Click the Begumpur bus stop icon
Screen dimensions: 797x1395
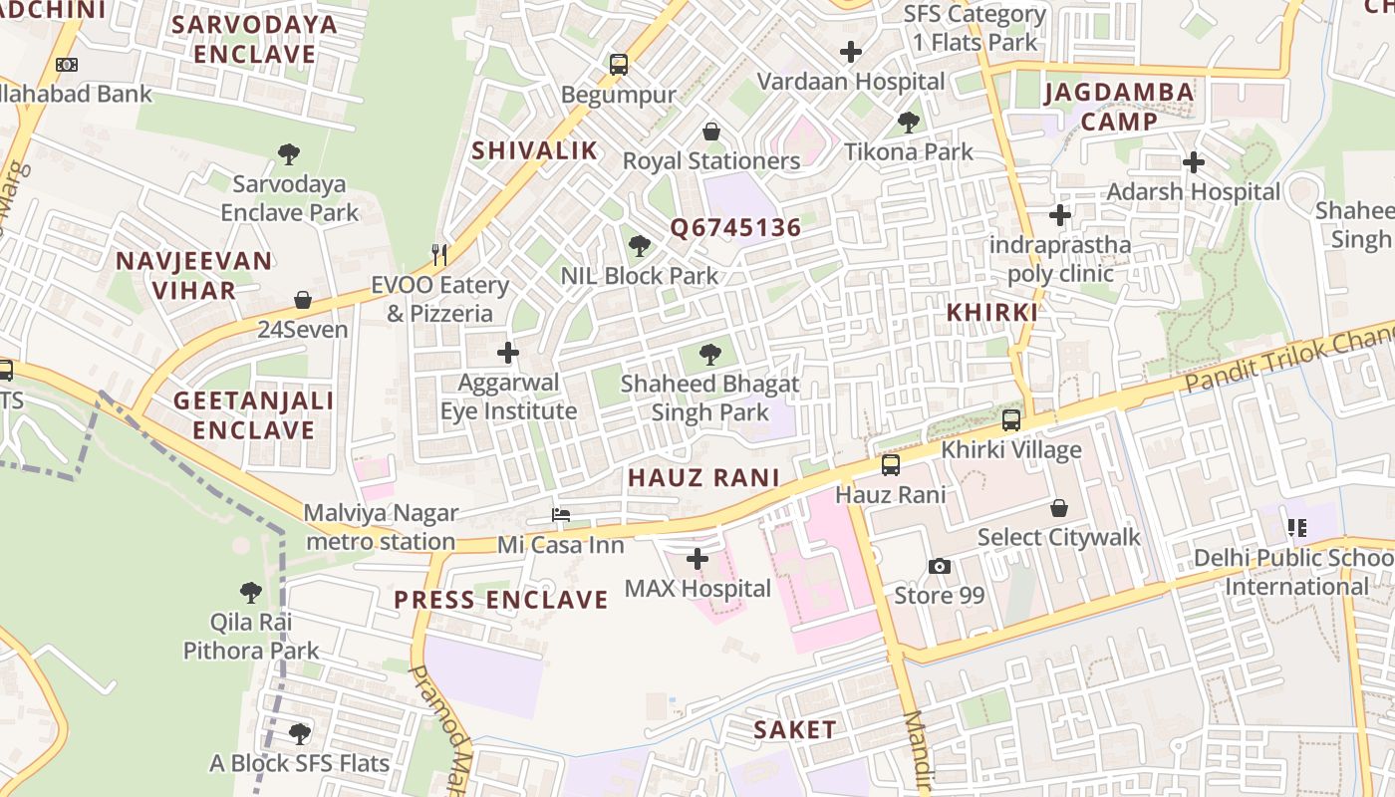tap(619, 66)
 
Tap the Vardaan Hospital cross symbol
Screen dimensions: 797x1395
tap(851, 51)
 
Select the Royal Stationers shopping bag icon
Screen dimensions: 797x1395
tap(711, 132)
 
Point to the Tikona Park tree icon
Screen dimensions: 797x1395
tap(909, 123)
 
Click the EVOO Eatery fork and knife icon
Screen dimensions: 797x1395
tap(439, 255)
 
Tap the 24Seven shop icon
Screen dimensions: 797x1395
tap(303, 300)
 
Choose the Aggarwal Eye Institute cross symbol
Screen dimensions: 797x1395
tap(508, 353)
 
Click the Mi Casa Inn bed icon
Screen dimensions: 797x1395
tap(561, 515)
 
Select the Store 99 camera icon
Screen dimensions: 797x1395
tap(939, 566)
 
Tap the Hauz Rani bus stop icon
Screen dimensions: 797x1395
tap(891, 464)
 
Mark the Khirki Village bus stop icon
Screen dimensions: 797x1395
tap(1011, 420)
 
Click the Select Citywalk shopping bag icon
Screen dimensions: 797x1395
tap(1059, 508)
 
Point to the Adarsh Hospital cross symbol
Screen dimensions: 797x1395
tap(1194, 161)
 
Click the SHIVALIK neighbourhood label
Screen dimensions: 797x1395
tap(534, 150)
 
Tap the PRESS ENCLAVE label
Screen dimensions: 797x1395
tap(500, 600)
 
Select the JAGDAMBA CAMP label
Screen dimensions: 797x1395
tap(1118, 108)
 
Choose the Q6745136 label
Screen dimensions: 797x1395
tap(735, 228)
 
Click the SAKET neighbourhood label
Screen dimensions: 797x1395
tap(794, 729)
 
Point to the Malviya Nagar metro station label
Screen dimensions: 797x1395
tap(381, 528)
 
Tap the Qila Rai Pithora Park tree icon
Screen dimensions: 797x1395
tap(251, 593)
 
